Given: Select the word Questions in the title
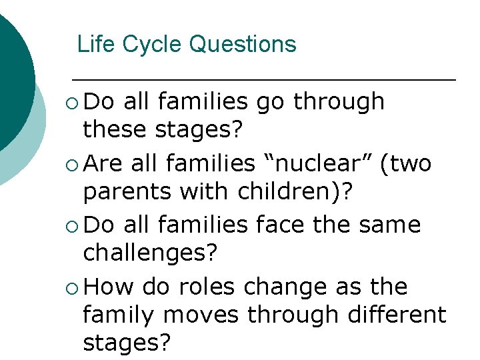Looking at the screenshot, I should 243,45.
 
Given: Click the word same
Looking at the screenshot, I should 390,225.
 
